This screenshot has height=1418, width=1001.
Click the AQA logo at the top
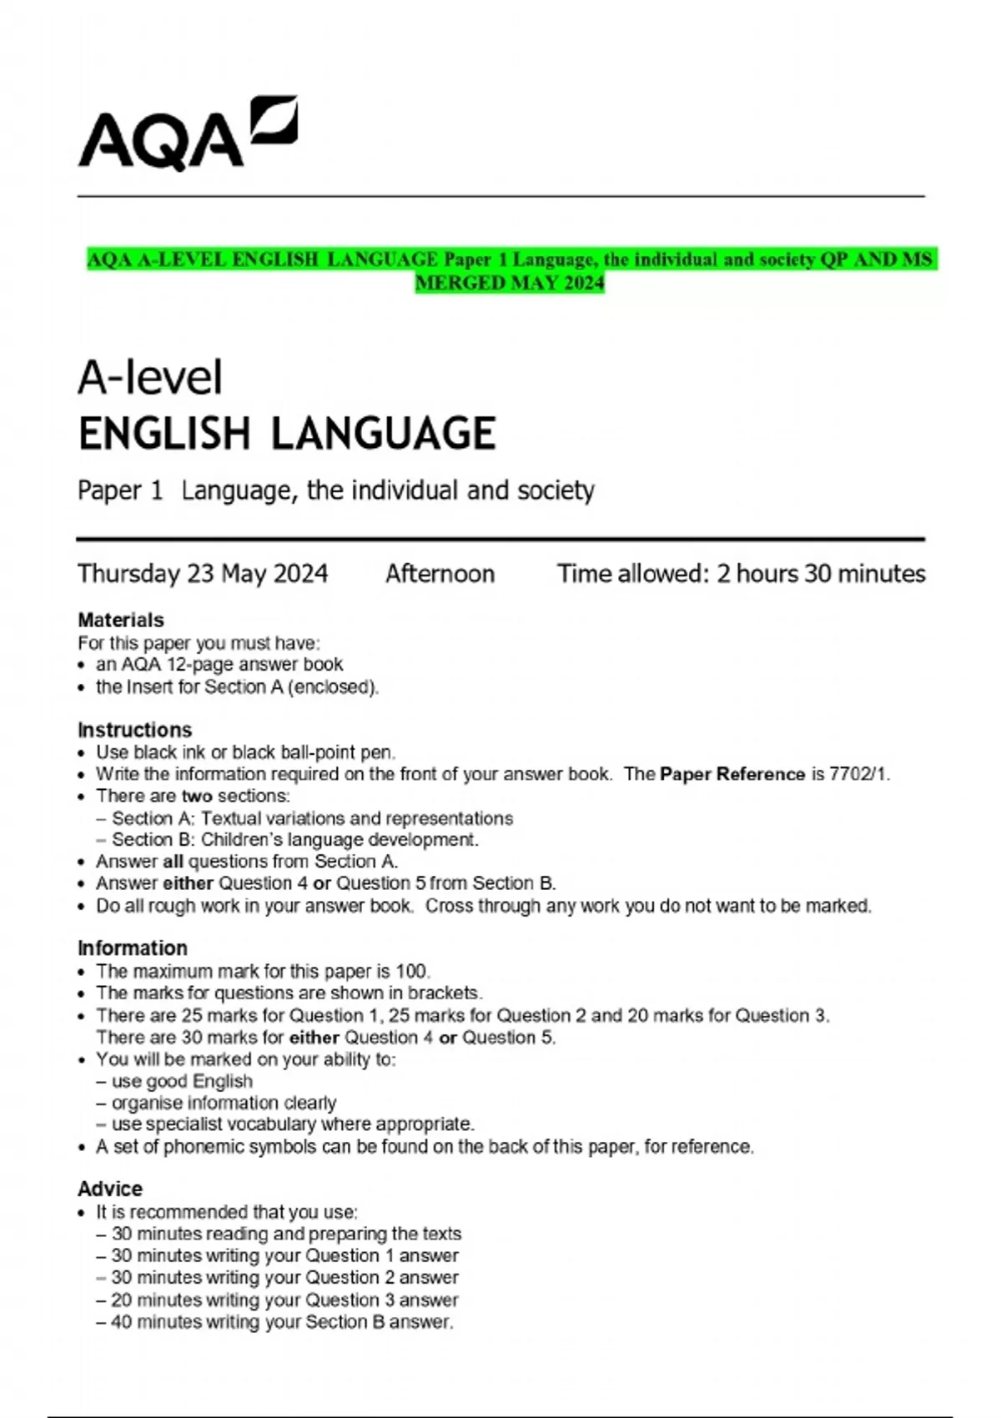pos(187,133)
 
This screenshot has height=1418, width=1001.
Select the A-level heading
pos(150,377)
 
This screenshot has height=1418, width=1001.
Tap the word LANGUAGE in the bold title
pos(384,434)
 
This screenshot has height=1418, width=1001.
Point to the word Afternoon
pos(440,574)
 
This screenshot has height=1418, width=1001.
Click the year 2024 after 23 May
pos(300,574)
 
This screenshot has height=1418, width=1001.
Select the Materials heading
pos(120,620)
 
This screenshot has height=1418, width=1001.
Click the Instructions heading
pos(134,730)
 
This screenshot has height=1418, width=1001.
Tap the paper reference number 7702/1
pos(858,774)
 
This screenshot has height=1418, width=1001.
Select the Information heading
pos(132,948)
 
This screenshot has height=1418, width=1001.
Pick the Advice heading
pos(109,1189)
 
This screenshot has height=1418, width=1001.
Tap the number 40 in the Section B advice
pos(122,1322)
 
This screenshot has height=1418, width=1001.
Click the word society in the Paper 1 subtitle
pos(556,490)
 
